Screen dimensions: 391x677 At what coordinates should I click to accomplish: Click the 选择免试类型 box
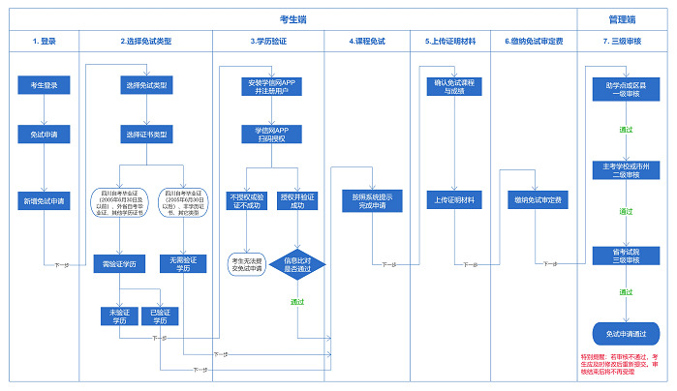pos(146,86)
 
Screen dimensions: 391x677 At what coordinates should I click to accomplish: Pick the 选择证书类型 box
pos(146,134)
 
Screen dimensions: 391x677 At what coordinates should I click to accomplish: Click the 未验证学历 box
pos(120,316)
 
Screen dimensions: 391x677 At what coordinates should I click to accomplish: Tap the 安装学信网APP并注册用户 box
pos(272,86)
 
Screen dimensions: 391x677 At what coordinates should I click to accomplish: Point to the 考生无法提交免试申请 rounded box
pos(247,264)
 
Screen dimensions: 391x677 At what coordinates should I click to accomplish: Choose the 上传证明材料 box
pos(451,201)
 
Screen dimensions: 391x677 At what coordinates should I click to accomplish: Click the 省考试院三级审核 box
pos(626,256)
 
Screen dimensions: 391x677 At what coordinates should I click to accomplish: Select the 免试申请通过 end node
pos(626,333)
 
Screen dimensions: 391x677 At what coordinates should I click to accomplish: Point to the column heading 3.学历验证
pos(272,42)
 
